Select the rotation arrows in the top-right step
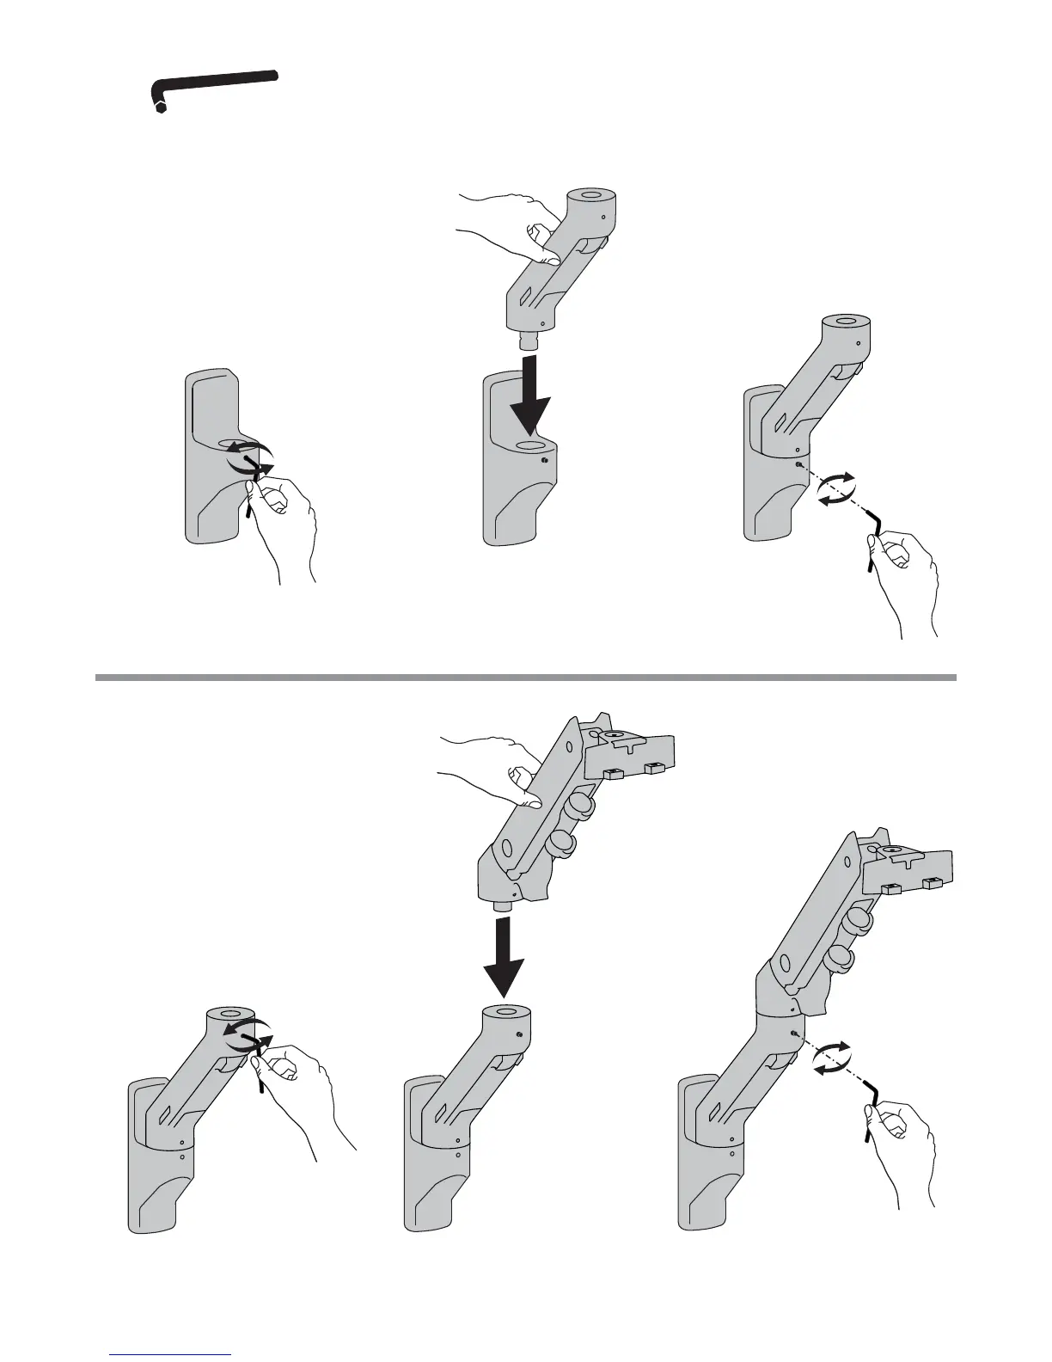(x=836, y=488)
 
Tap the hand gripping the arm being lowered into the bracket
(x=507, y=228)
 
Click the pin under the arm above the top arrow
(x=525, y=340)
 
